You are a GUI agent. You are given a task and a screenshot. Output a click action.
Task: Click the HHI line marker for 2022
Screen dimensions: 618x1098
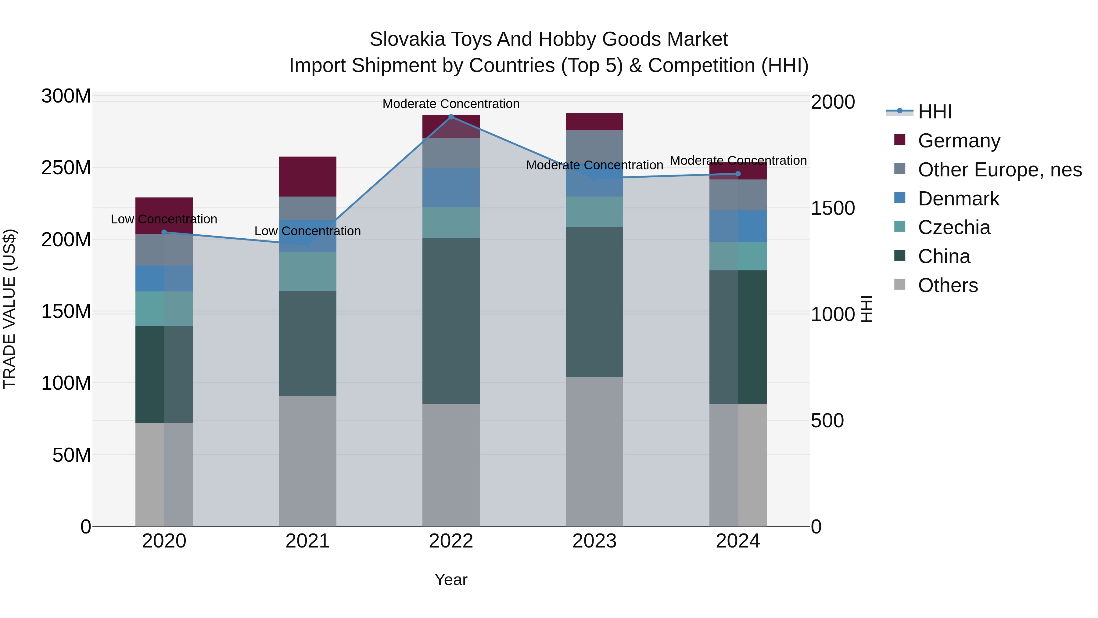451,117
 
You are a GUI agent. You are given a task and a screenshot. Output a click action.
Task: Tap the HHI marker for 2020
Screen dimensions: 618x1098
164,232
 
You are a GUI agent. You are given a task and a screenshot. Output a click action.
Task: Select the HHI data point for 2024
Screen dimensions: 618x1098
738,174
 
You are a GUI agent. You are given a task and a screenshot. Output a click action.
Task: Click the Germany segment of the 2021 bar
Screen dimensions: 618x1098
307,177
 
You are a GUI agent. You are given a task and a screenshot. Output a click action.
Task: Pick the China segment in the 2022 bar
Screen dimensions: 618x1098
451,321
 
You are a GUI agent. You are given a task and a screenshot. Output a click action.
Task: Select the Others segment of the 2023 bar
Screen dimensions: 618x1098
594,451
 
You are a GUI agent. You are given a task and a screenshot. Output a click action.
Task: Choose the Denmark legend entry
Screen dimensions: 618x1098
958,199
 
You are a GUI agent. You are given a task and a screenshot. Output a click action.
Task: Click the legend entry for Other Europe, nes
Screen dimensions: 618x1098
999,170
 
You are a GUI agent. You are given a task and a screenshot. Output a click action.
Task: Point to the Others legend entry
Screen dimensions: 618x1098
948,285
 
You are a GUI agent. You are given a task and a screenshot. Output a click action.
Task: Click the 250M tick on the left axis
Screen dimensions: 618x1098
66,168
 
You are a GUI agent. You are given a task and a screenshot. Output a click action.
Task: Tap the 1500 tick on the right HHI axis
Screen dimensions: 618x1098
832,208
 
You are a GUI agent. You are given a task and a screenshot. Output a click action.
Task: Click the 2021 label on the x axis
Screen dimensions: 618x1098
307,541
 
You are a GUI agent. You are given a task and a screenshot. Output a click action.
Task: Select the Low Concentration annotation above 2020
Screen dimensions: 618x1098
164,219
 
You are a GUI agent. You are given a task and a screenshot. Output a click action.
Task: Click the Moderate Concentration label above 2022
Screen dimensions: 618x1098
451,104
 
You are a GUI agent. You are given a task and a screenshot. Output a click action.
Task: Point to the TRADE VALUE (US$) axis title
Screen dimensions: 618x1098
9,309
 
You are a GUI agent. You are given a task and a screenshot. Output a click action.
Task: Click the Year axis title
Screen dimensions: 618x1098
451,580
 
